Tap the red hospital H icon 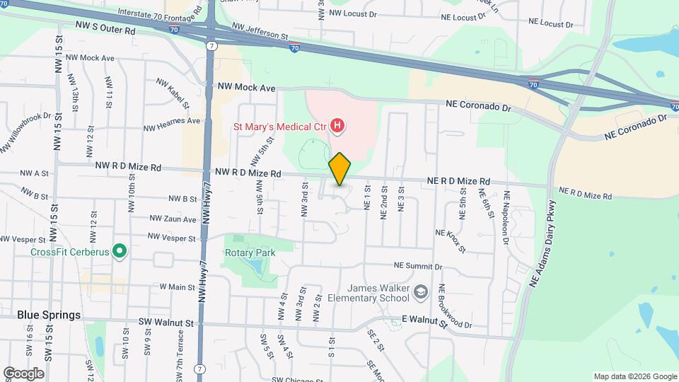tap(338, 127)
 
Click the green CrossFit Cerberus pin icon tap(120, 250)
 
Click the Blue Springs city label tap(49, 315)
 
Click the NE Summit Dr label tap(418, 267)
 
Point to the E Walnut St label tap(424, 322)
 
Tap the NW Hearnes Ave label tap(172, 125)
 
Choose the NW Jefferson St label tap(261, 32)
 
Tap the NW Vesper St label tap(172, 238)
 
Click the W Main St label tap(177, 286)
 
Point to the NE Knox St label tap(451, 241)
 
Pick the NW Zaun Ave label tap(173, 219)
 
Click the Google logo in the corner tap(23, 373)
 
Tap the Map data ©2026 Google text tap(634, 376)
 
